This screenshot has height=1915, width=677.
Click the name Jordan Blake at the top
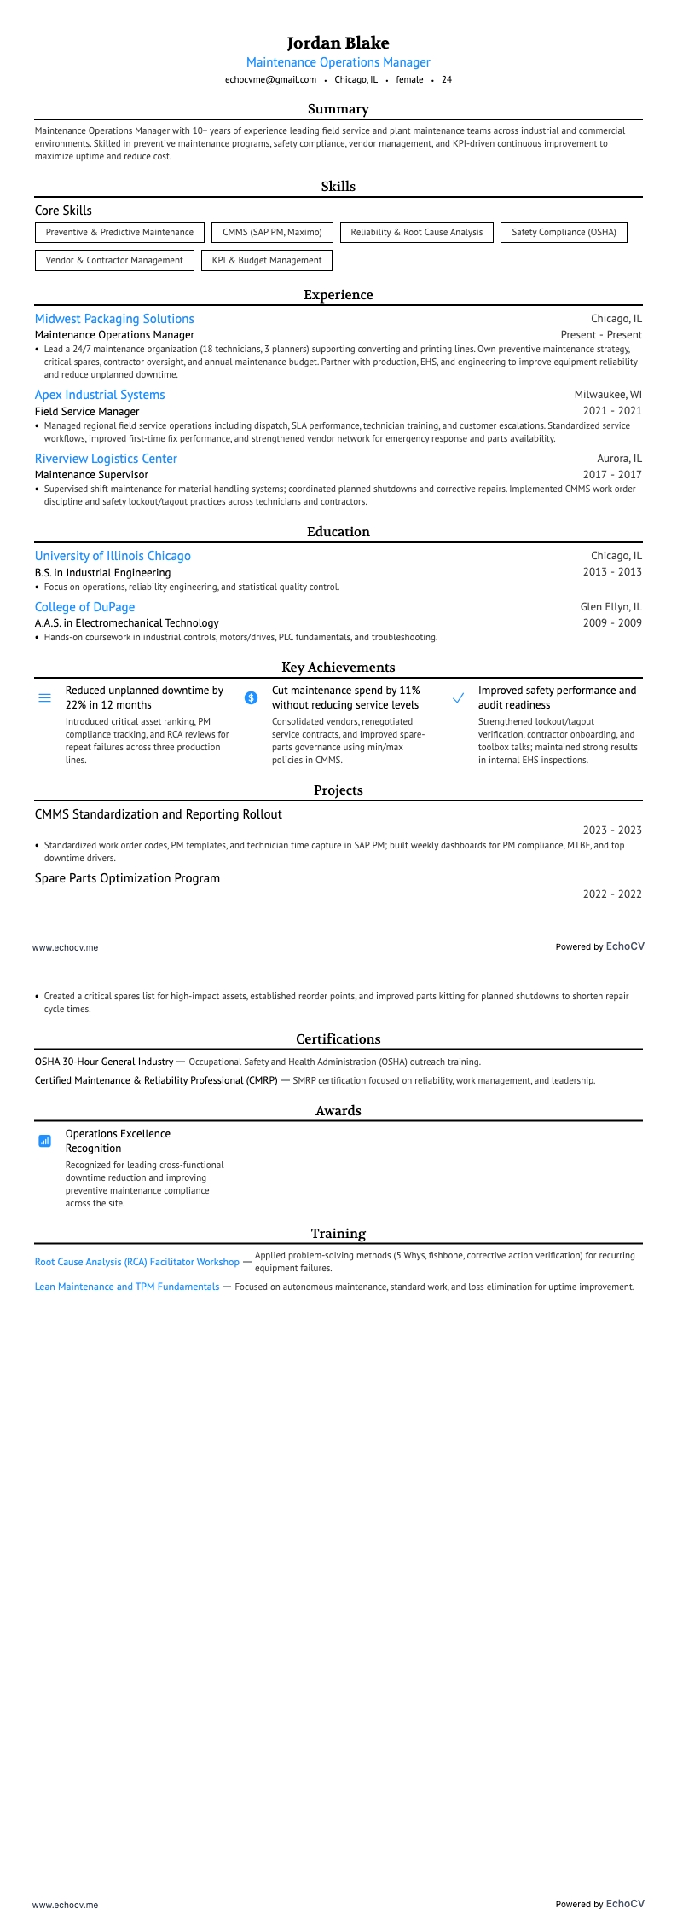pyautogui.click(x=338, y=43)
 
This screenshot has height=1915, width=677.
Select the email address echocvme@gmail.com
pyautogui.click(x=270, y=79)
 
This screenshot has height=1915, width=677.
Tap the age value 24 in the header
pyautogui.click(x=447, y=79)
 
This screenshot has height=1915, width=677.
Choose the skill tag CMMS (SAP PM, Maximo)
pyautogui.click(x=272, y=232)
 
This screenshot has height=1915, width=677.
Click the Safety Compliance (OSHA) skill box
pyautogui.click(x=564, y=232)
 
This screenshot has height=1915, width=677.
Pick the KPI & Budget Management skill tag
pyautogui.click(x=267, y=260)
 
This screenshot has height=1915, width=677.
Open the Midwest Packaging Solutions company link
pyautogui.click(x=114, y=319)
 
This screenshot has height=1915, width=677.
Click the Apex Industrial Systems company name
pyautogui.click(x=100, y=395)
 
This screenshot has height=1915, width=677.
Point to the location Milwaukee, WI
pyautogui.click(x=608, y=395)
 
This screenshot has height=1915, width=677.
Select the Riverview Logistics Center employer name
pyautogui.click(x=106, y=459)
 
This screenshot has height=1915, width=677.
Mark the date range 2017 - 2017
pyautogui.click(x=612, y=475)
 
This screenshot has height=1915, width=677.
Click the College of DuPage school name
pyautogui.click(x=84, y=607)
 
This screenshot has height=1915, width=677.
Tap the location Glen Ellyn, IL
pyautogui.click(x=610, y=607)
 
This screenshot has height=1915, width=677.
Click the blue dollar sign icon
pyautogui.click(x=252, y=697)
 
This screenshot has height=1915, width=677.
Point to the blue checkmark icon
pyautogui.click(x=458, y=697)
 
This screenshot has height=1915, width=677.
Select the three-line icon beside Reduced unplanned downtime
pyautogui.click(x=45, y=697)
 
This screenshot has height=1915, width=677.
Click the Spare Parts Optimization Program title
pyautogui.click(x=127, y=878)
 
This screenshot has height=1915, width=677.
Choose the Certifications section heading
pyautogui.click(x=338, y=1038)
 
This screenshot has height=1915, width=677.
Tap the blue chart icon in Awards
pyautogui.click(x=45, y=1141)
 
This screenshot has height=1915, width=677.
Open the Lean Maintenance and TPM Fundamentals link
pyautogui.click(x=127, y=1287)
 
